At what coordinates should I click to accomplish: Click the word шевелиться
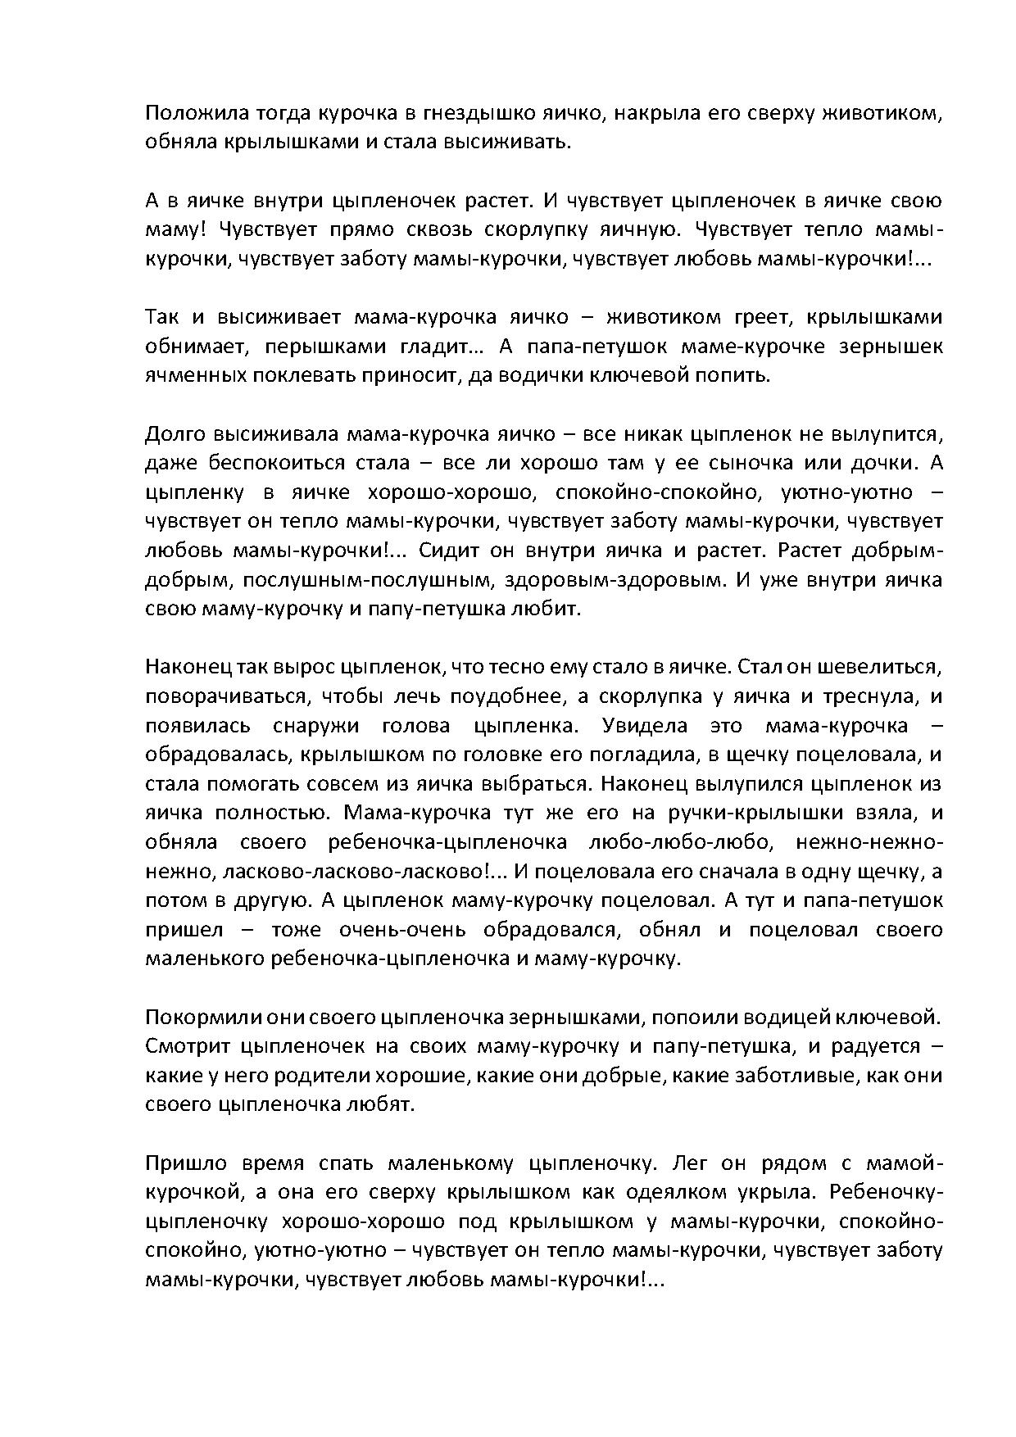pyautogui.click(x=887, y=668)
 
